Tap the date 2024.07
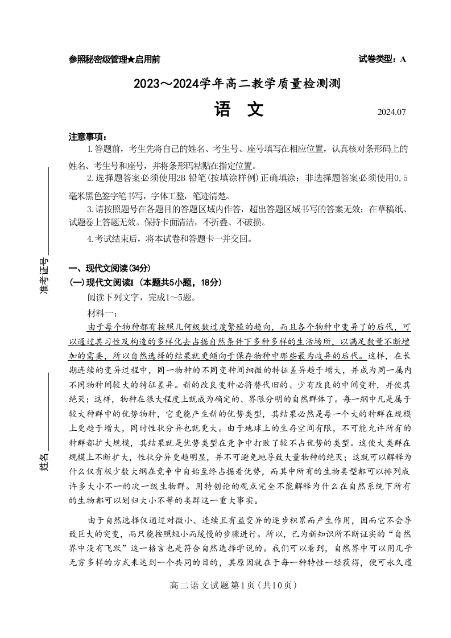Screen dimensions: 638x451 (x=392, y=112)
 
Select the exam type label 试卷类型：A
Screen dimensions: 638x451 (x=382, y=59)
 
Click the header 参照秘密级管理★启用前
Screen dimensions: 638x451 (x=114, y=59)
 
